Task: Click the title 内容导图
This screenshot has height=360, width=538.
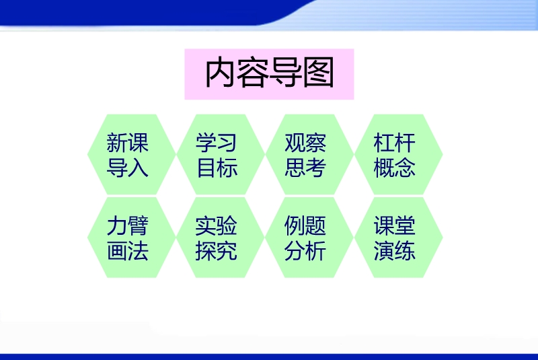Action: point(270,73)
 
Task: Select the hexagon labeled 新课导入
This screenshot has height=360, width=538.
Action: point(132,155)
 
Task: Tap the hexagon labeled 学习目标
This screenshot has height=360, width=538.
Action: point(221,155)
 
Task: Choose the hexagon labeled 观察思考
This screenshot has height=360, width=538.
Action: point(309,155)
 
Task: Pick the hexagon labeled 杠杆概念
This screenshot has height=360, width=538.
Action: point(398,155)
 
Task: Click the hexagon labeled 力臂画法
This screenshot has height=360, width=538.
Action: point(132,237)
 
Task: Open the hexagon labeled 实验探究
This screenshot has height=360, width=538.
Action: point(221,237)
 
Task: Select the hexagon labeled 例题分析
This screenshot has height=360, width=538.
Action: point(309,237)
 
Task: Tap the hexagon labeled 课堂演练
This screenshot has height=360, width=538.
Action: point(398,237)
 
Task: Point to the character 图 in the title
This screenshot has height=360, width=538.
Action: point(318,73)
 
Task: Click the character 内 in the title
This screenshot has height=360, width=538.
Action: point(221,73)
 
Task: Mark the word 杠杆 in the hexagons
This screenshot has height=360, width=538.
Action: point(395,143)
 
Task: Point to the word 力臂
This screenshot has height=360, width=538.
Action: point(128,225)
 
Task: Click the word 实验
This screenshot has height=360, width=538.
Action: point(216,225)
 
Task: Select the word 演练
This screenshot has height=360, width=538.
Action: point(395,251)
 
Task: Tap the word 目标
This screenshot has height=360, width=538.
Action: point(217,168)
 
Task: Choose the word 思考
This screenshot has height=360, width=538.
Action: point(305,168)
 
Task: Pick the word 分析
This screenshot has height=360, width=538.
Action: point(305,251)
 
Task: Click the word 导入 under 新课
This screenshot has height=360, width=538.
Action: point(128,168)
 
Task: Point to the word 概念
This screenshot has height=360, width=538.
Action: point(395,168)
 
